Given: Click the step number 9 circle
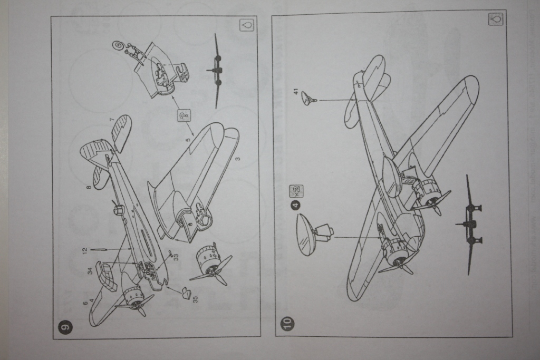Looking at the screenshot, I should coord(64,327).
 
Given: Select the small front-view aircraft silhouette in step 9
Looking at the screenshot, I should coord(217,71).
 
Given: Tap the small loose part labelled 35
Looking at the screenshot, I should coord(186,293).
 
